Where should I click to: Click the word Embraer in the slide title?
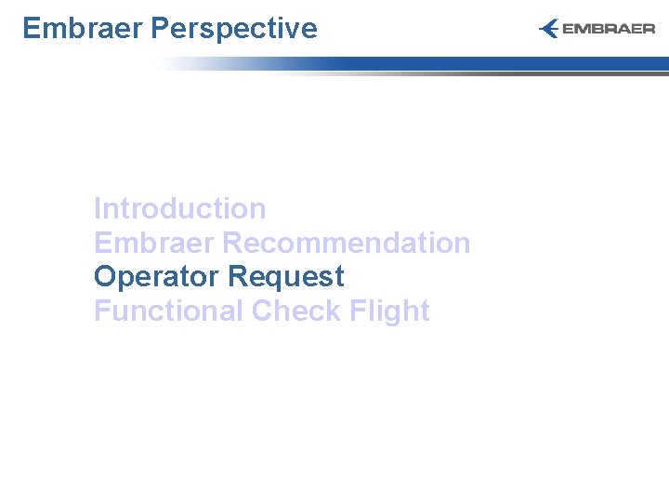click(82, 29)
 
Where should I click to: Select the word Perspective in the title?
click(233, 29)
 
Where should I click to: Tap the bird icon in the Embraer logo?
click(549, 29)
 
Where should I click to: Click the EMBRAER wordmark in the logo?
click(609, 29)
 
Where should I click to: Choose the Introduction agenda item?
click(179, 208)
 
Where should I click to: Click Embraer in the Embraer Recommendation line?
click(154, 243)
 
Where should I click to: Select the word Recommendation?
click(347, 243)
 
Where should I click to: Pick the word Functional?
click(168, 310)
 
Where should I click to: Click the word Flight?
click(390, 310)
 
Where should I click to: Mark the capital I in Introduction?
click(98, 208)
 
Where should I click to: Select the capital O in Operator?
click(105, 277)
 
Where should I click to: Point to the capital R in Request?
click(237, 277)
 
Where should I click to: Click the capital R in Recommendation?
click(233, 243)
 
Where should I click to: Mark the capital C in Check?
click(263, 310)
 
